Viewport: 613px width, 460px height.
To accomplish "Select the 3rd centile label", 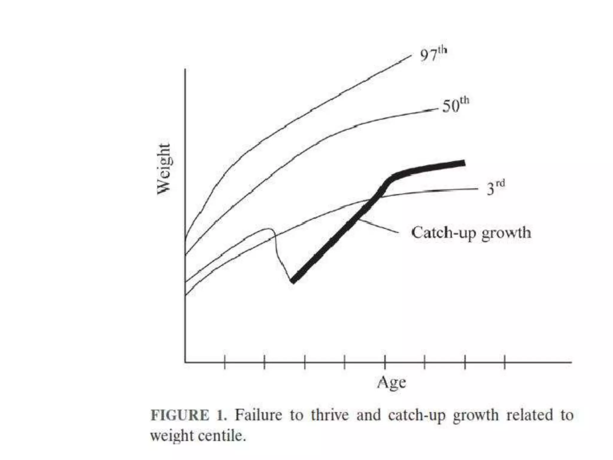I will [x=495, y=188].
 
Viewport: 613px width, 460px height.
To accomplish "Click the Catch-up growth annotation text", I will [x=471, y=233].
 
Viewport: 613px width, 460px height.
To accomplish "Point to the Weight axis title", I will [x=164, y=169].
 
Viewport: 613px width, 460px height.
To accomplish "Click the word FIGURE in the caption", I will [x=180, y=415].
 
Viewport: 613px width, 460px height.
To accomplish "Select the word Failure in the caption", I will [x=258, y=415].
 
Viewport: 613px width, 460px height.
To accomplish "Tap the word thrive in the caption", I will [x=330, y=415].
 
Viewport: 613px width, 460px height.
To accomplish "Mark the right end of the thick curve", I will [x=464, y=163].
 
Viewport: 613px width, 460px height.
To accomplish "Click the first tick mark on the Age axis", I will [x=224, y=362].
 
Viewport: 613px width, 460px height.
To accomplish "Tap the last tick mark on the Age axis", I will [x=505, y=362].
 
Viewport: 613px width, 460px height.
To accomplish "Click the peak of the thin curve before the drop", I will [x=268, y=229].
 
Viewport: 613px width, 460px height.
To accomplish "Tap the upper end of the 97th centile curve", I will [x=411, y=55].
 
